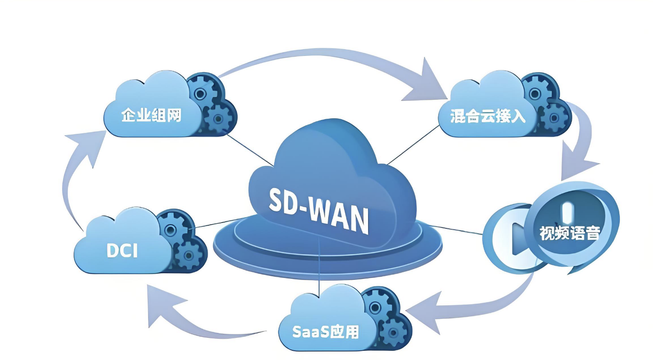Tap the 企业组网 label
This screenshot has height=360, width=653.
(151, 115)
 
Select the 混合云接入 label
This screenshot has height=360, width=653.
(488, 116)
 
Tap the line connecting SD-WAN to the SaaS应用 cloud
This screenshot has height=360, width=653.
(320, 277)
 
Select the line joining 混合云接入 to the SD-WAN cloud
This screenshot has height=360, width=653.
(413, 145)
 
